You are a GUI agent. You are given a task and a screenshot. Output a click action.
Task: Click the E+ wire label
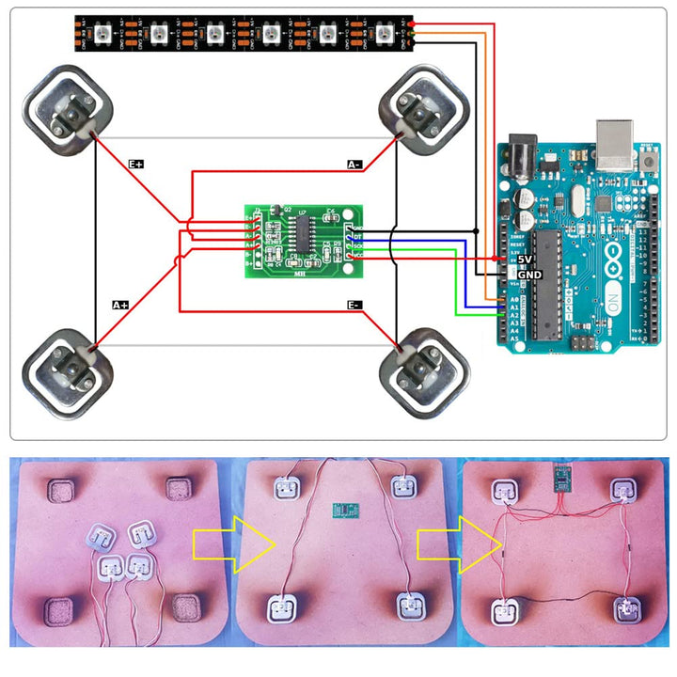coord(136,164)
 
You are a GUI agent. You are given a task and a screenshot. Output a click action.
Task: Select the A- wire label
coord(354,165)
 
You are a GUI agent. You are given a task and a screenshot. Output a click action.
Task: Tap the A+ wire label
coord(120,305)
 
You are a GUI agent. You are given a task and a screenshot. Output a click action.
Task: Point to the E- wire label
coord(354,305)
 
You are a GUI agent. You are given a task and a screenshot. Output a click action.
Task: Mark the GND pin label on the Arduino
coord(529,274)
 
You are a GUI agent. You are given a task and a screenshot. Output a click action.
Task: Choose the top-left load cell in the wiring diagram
coord(67,111)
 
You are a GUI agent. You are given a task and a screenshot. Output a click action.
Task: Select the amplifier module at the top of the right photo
coord(562,479)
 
